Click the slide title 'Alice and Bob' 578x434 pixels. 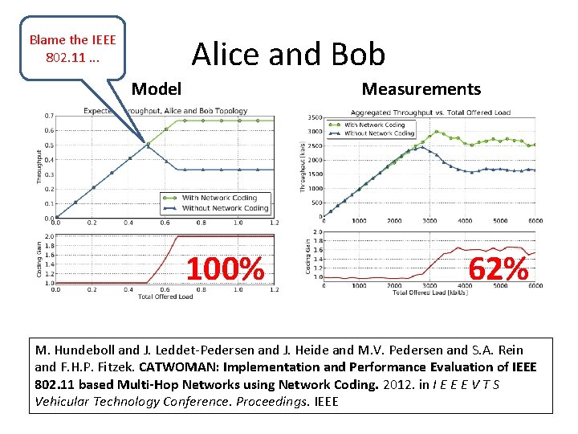(288, 54)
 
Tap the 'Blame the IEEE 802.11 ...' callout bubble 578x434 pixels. (72, 48)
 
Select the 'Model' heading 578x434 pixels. (157, 89)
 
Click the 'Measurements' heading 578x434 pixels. (421, 89)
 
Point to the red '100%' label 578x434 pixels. (225, 269)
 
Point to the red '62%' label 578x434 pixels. (498, 269)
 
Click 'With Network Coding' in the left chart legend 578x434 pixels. (219, 198)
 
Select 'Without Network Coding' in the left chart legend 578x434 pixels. (224, 208)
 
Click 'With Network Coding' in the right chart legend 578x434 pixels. (374, 125)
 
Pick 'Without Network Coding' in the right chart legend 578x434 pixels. (379, 133)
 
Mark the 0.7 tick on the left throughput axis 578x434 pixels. (49, 116)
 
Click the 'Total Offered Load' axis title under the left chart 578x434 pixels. (165, 297)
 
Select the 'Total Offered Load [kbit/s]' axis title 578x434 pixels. (430, 293)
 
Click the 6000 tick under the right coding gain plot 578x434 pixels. (535, 285)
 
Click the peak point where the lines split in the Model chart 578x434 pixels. (147, 145)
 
